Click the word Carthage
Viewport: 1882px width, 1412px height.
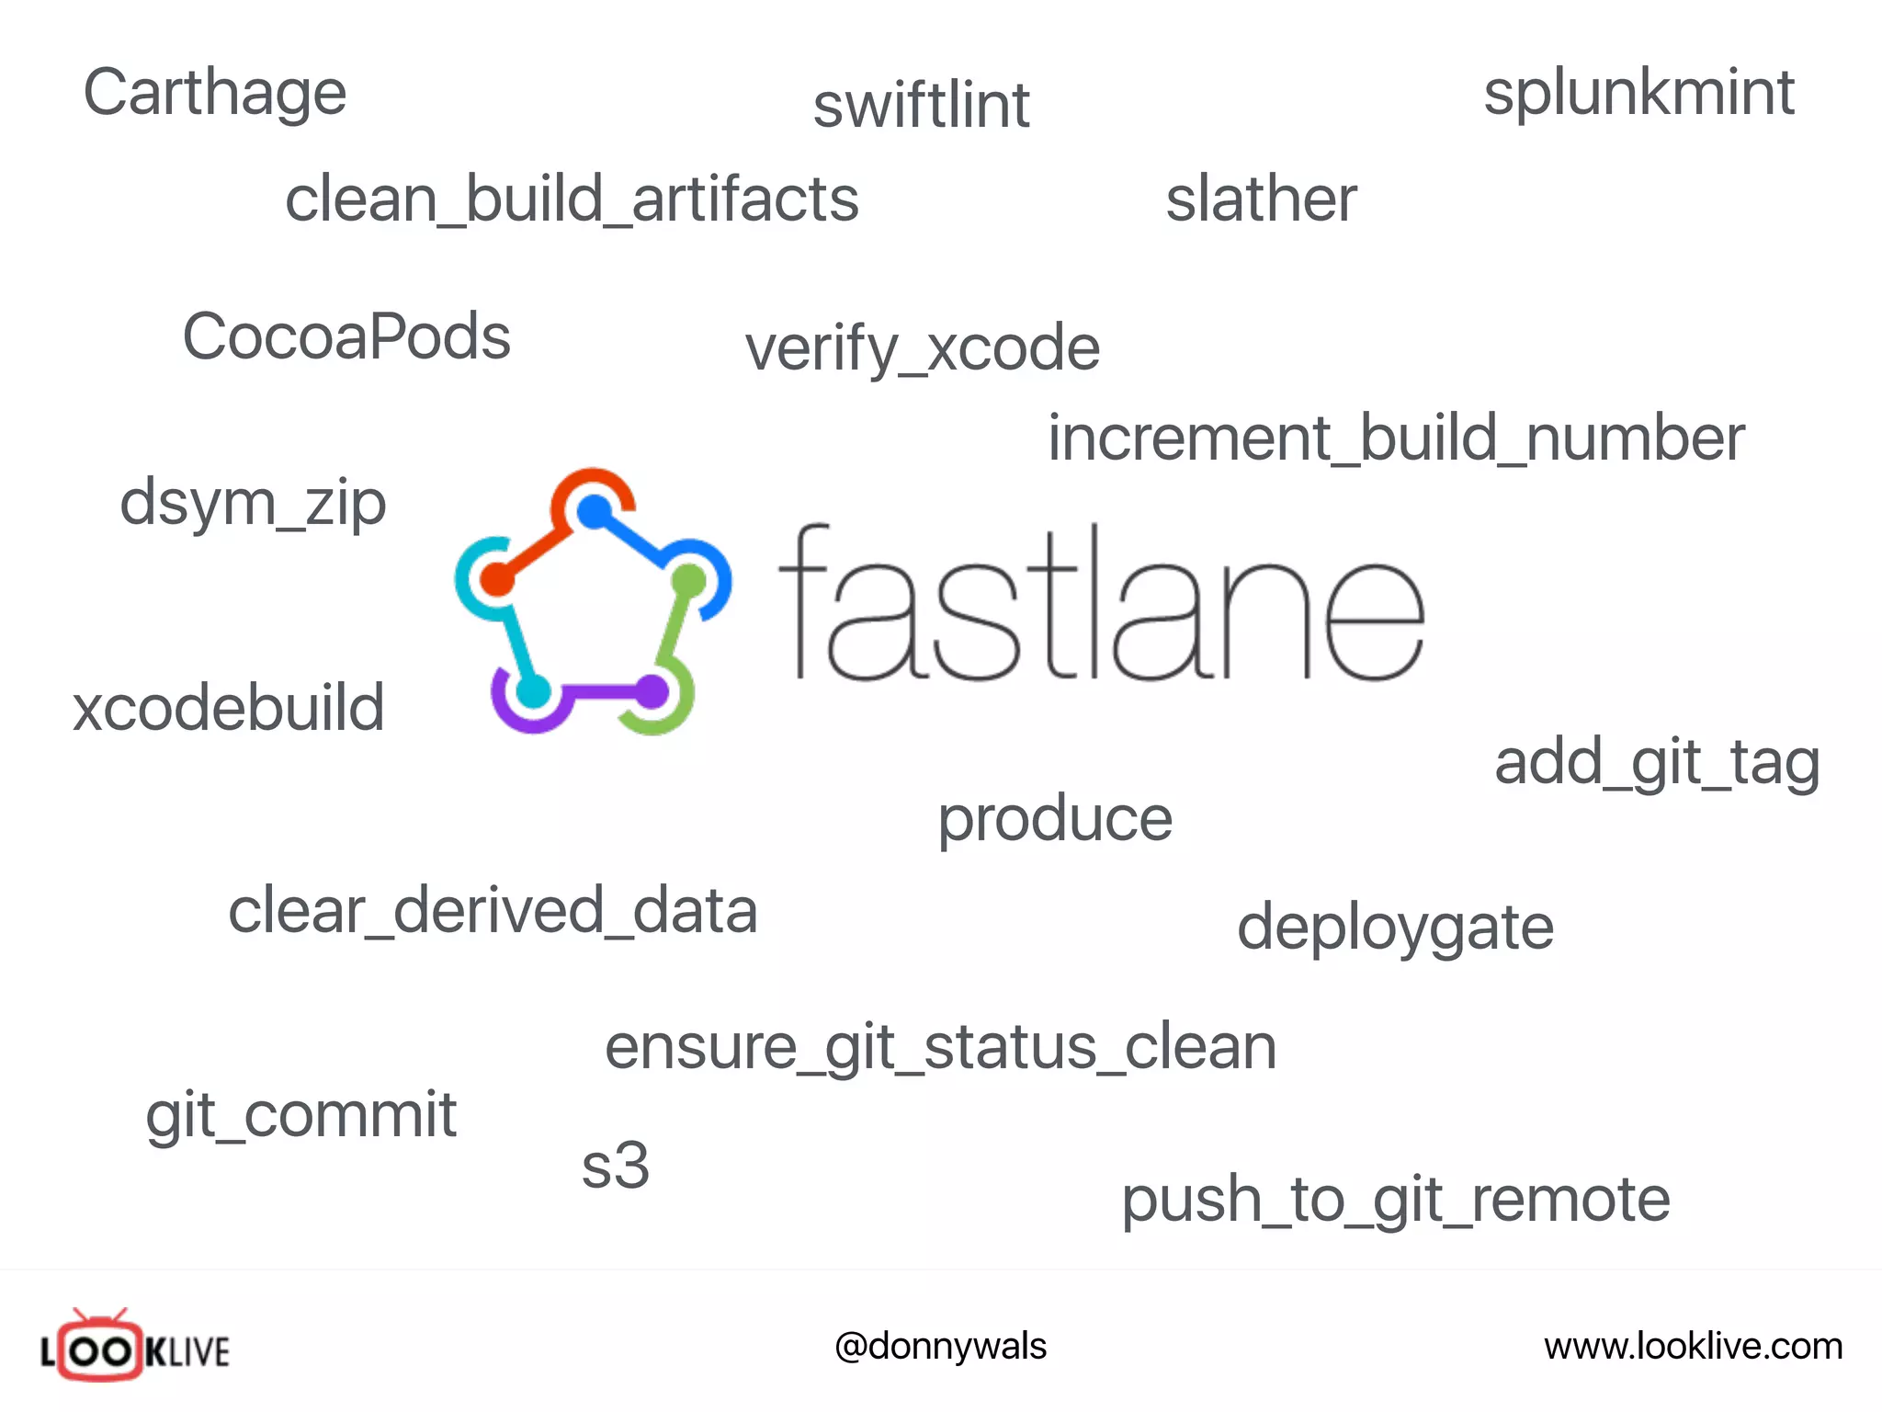tap(214, 93)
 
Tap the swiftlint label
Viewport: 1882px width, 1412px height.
tap(921, 105)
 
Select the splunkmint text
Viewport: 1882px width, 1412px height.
tap(1638, 93)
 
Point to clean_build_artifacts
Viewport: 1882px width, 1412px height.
tap(572, 199)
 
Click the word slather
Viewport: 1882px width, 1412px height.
tap(1261, 199)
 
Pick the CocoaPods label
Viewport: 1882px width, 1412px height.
tap(346, 336)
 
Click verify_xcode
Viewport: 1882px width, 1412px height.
tap(923, 348)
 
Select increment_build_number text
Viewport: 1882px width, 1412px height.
tap(1396, 438)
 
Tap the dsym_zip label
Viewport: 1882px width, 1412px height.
tap(253, 504)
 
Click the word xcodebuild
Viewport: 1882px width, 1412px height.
tap(229, 708)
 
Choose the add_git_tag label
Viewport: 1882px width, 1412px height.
tap(1657, 762)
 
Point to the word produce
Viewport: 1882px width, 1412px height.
tap(1055, 818)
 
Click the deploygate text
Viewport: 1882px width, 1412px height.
tap(1395, 927)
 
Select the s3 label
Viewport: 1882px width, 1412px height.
tap(616, 1166)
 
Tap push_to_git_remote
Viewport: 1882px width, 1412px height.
tap(1395, 1200)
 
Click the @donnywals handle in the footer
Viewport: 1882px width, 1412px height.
tap(940, 1347)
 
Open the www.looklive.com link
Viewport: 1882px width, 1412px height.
tap(1693, 1347)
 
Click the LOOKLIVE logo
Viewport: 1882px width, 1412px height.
tap(135, 1348)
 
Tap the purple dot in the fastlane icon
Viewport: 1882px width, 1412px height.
tap(652, 691)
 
